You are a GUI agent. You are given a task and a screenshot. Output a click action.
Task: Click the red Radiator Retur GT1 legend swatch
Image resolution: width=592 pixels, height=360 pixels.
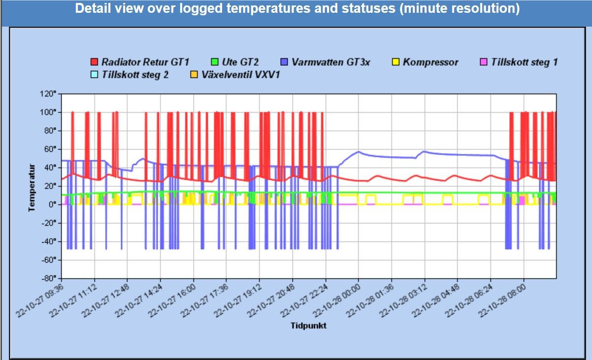[95, 63]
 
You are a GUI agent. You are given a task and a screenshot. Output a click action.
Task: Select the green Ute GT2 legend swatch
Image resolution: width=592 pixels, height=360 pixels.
[215, 63]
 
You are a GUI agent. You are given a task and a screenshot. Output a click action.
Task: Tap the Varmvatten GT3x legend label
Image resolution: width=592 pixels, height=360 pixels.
[331, 63]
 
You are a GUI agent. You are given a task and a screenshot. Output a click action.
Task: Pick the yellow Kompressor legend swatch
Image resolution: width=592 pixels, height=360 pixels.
[395, 63]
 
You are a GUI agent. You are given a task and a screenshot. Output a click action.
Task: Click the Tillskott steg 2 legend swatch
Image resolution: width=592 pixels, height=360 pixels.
[95, 75]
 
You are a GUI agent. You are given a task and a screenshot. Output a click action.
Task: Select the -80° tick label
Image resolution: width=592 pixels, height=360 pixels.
[50, 278]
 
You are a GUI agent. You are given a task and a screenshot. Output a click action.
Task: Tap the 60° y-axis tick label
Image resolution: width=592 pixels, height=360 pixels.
[51, 149]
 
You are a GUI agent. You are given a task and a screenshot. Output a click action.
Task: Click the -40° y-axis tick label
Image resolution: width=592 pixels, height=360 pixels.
[50, 241]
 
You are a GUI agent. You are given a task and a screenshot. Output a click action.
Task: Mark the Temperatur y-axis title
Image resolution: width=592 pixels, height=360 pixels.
[32, 188]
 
